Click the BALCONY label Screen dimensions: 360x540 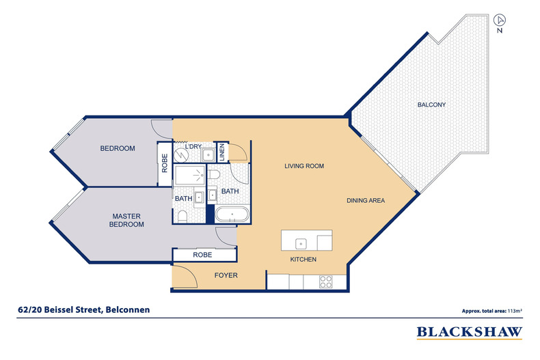pyautogui.click(x=431, y=105)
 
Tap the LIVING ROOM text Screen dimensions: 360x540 pyautogui.click(x=303, y=166)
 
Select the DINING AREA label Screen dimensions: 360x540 pyautogui.click(x=366, y=200)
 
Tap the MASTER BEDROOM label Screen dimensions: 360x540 pyautogui.click(x=128, y=220)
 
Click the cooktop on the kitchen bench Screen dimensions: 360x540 pyautogui.click(x=326, y=280)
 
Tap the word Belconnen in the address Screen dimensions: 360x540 pyautogui.click(x=126, y=310)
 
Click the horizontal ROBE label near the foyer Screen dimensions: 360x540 pyautogui.click(x=202, y=254)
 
